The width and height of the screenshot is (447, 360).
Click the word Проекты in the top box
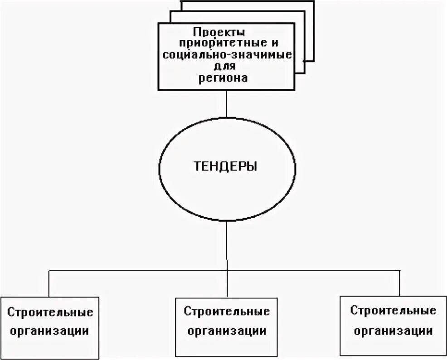point(219,33)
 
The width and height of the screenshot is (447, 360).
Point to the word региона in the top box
point(223,78)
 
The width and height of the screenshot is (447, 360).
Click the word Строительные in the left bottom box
point(50,312)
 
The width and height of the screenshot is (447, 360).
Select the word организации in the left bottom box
point(50,331)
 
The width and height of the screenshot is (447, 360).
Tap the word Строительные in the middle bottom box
point(227,311)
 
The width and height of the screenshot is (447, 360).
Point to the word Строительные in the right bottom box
point(393,311)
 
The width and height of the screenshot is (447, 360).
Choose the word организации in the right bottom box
point(393,331)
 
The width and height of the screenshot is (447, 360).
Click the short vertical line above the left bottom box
point(49,283)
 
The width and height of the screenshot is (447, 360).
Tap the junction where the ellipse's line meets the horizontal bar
point(226,271)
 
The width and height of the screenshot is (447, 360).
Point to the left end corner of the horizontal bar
point(49,271)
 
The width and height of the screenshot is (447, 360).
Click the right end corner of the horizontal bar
point(400,271)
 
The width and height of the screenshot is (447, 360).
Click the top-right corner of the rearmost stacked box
point(314,1)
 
